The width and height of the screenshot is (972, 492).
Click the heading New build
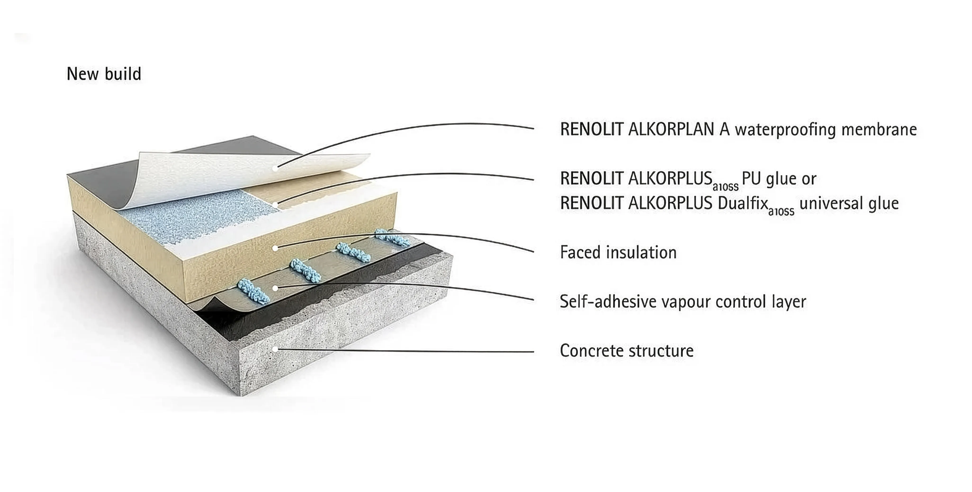point(104,74)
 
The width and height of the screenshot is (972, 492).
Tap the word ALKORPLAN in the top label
point(671,129)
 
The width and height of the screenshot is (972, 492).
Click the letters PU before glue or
point(751,179)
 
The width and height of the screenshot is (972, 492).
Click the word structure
point(657,351)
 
